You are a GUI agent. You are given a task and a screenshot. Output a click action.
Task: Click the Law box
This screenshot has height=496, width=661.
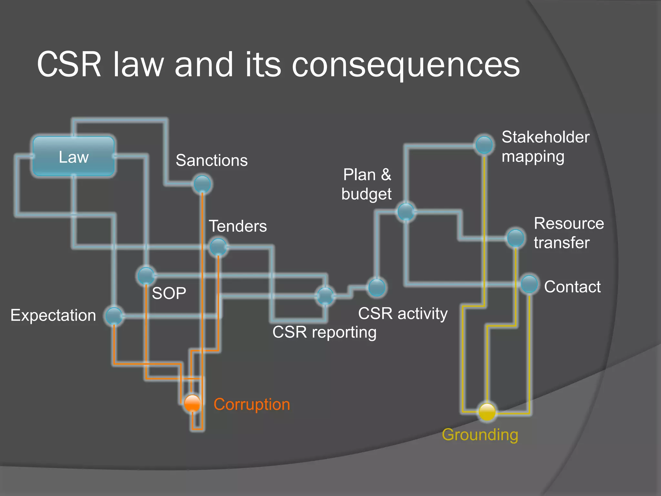click(x=74, y=157)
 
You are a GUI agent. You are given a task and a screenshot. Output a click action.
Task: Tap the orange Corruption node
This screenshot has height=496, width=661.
click(x=192, y=403)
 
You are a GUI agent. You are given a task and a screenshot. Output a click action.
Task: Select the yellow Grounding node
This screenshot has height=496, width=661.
click(x=487, y=412)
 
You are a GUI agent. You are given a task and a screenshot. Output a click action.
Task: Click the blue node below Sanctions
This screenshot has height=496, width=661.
click(x=202, y=184)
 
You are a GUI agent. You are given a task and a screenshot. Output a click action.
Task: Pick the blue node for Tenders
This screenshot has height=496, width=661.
click(x=219, y=247)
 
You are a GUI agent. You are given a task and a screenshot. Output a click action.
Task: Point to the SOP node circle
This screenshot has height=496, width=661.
click(x=146, y=275)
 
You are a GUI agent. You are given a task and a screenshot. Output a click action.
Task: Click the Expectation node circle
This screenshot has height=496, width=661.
click(x=114, y=316)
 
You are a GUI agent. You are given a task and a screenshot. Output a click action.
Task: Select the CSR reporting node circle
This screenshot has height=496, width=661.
click(x=325, y=295)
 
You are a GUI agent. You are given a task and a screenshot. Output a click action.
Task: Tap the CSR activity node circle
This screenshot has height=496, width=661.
click(x=377, y=287)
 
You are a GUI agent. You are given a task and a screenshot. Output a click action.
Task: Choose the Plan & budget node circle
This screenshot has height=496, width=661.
click(x=406, y=212)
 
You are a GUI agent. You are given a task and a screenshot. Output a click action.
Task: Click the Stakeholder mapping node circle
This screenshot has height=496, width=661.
click(x=484, y=144)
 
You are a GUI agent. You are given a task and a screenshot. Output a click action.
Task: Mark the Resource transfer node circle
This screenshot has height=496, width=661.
click(x=515, y=238)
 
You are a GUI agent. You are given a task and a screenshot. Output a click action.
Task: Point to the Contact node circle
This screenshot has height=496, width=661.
click(x=529, y=284)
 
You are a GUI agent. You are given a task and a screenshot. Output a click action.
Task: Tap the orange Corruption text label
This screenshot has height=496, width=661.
click(x=252, y=404)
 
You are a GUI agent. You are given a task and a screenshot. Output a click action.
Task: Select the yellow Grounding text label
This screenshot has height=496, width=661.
click(x=480, y=434)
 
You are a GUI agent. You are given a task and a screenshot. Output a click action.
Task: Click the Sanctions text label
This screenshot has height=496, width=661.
click(x=211, y=160)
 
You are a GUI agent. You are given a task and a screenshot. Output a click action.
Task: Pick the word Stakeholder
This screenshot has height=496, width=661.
click(x=545, y=137)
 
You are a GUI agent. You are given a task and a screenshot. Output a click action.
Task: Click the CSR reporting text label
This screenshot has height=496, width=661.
click(x=324, y=332)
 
